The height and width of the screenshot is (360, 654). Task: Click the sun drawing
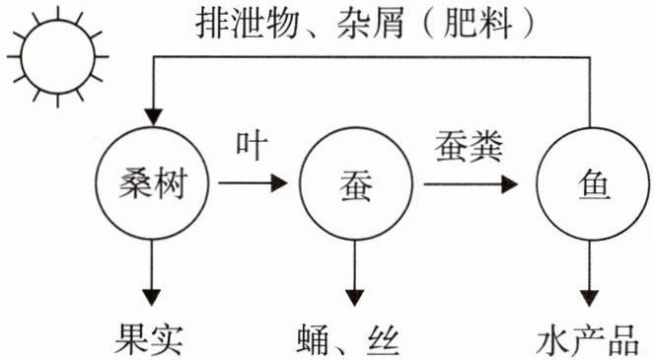(58, 21)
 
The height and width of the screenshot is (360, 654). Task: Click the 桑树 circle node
(97, 183)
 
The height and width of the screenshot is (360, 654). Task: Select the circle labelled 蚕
(300, 183)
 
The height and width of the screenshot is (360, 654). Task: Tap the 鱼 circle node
(538, 183)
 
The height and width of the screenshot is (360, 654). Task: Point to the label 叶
(252, 146)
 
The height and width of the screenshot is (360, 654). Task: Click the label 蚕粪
(469, 146)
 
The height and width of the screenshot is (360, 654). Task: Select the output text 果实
(149, 339)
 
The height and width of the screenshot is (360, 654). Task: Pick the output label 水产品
(588, 339)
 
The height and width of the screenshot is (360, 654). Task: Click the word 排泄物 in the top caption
(247, 24)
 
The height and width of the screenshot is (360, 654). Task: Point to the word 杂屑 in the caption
(370, 24)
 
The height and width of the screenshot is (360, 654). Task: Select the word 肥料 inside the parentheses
(477, 24)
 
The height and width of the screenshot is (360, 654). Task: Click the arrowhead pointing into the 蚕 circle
(279, 183)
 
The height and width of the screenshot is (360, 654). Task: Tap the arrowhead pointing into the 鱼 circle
(509, 184)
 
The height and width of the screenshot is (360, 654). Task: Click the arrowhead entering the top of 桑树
(153, 117)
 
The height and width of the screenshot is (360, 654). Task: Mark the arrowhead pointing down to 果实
(151, 298)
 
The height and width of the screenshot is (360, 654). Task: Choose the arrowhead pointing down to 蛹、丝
(355, 298)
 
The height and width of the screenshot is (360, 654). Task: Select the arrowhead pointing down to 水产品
(590, 298)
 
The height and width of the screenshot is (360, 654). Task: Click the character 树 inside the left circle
(169, 184)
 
